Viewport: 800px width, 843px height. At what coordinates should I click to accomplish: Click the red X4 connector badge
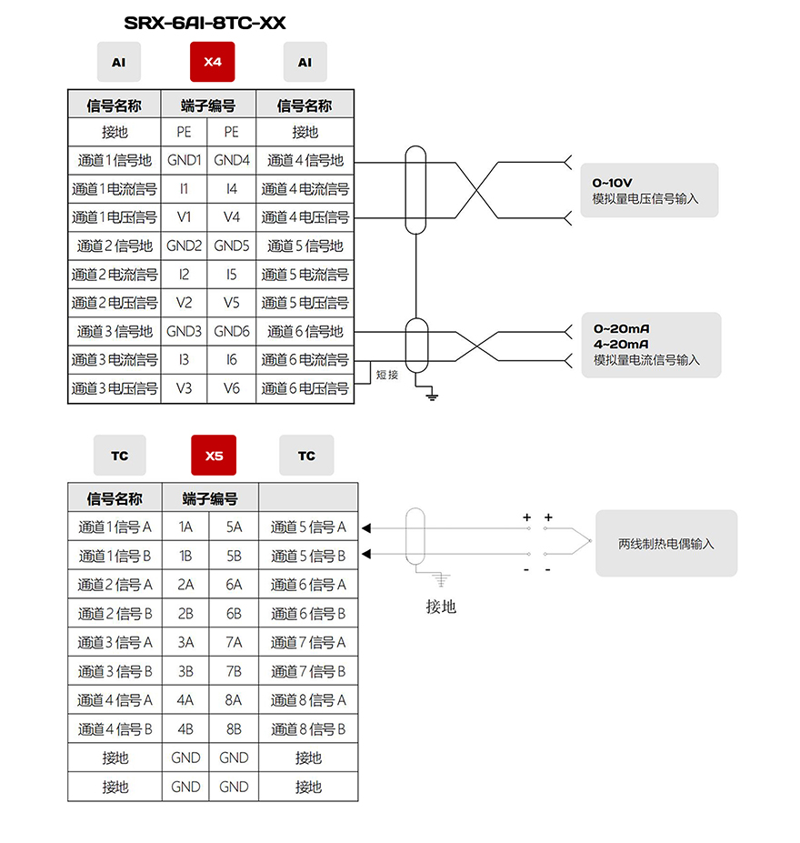tap(212, 62)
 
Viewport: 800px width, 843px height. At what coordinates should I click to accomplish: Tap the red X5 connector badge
tap(214, 456)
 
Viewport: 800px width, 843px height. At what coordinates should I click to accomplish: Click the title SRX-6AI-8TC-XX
tap(205, 23)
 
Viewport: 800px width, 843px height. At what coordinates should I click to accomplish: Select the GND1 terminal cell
tap(184, 160)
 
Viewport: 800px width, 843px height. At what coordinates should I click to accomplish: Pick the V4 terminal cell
tap(232, 217)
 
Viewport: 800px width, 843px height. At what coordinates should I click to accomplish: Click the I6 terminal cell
tap(232, 360)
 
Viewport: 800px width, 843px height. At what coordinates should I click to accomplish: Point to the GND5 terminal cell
tap(232, 246)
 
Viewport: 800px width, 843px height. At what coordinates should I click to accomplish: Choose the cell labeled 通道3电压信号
tap(115, 388)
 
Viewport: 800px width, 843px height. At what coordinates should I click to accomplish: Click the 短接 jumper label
tap(387, 375)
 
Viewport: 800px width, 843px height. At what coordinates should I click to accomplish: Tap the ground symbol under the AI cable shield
tap(432, 396)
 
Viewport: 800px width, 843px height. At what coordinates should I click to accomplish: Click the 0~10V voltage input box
tap(650, 190)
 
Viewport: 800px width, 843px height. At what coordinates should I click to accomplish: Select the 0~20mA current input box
tap(651, 345)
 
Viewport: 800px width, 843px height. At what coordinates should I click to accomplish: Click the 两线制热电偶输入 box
tap(666, 544)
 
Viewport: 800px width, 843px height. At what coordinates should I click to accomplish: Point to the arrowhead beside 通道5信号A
tap(366, 528)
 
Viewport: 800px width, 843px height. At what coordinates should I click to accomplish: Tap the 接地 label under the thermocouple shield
tap(441, 607)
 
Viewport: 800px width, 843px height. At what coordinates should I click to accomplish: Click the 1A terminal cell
tap(185, 527)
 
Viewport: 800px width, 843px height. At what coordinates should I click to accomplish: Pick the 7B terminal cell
tap(234, 671)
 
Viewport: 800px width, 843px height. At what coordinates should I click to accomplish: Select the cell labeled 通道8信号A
tap(308, 700)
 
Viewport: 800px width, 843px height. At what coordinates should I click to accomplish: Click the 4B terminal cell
tap(185, 729)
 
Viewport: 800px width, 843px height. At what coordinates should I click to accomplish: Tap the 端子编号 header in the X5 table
tap(210, 498)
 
